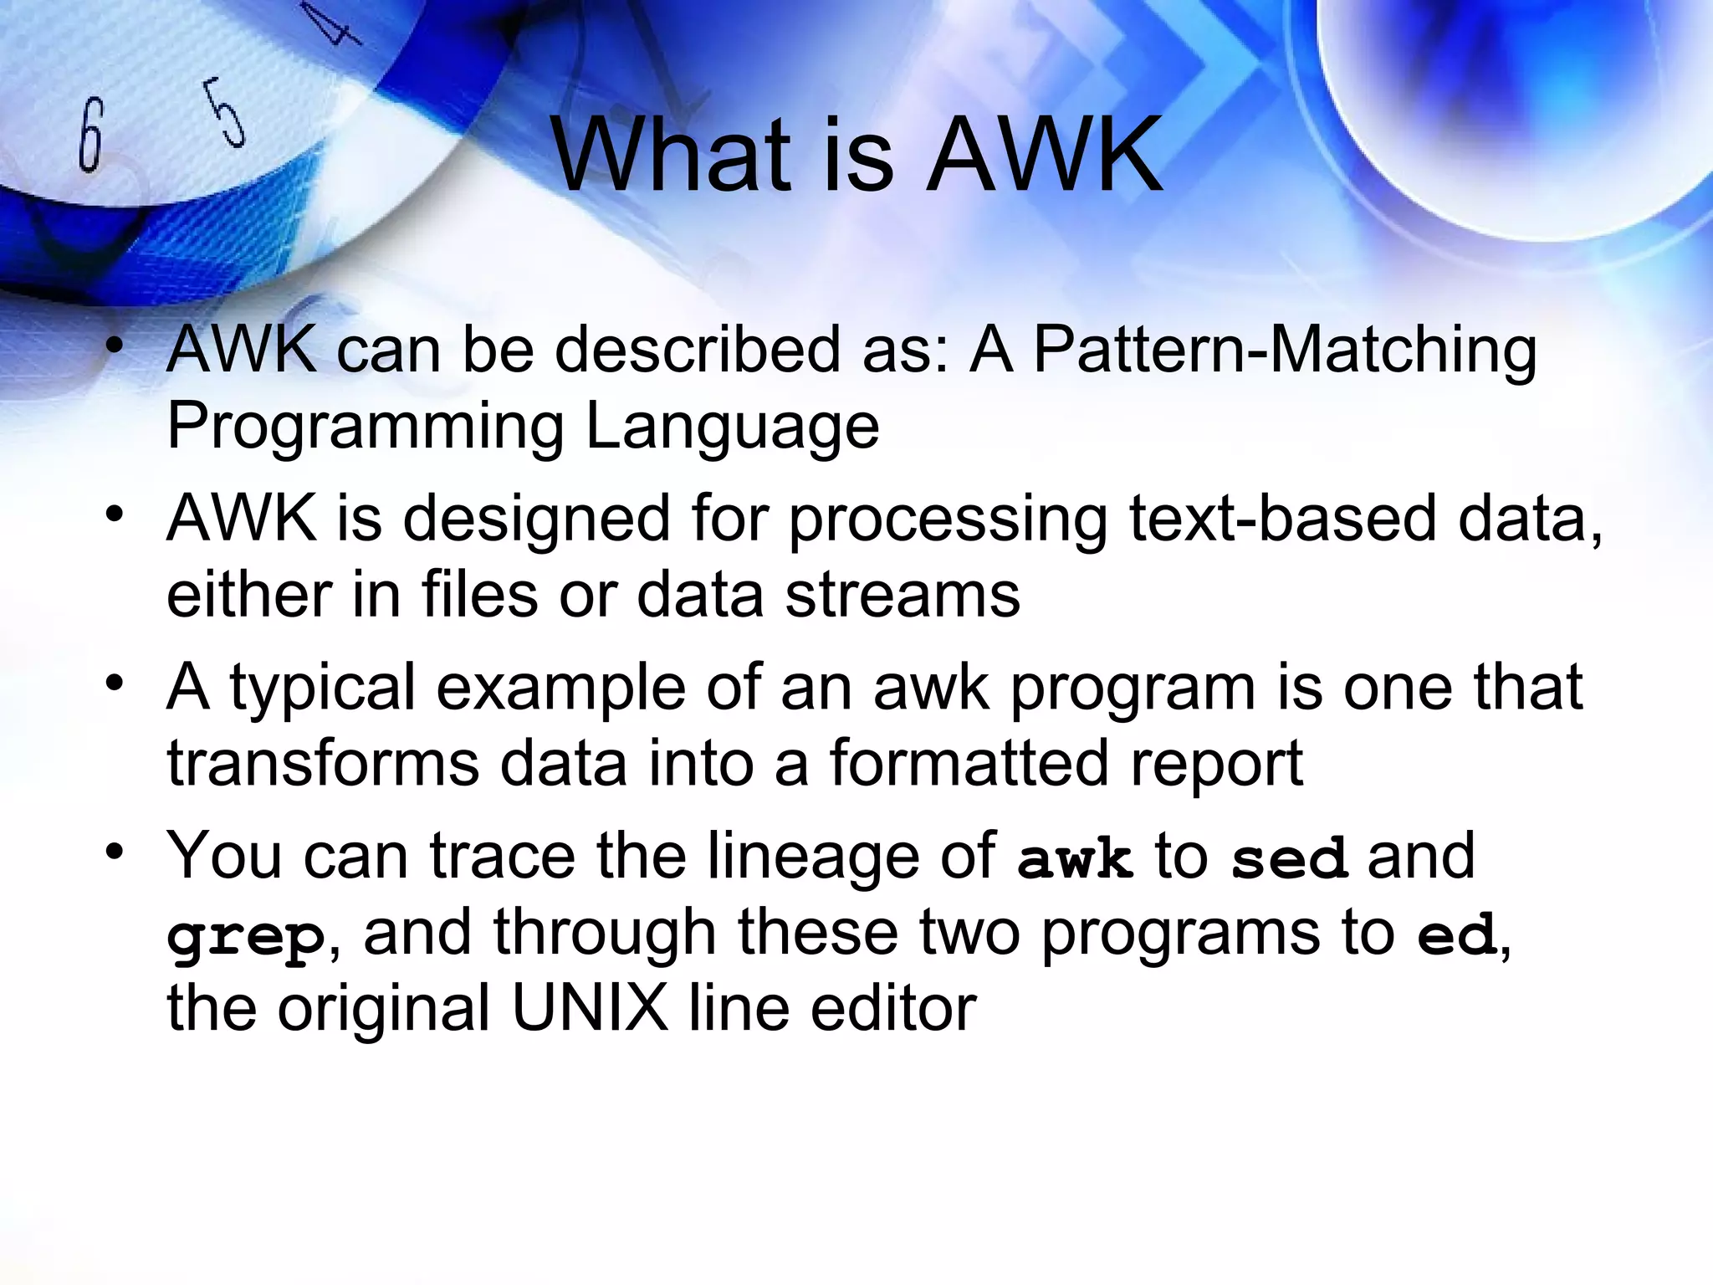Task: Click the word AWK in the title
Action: pos(1046,156)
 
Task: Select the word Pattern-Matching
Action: pos(1285,350)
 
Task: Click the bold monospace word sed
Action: pos(1289,859)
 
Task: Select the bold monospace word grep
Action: pos(246,937)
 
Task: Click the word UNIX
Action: pos(590,1007)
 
